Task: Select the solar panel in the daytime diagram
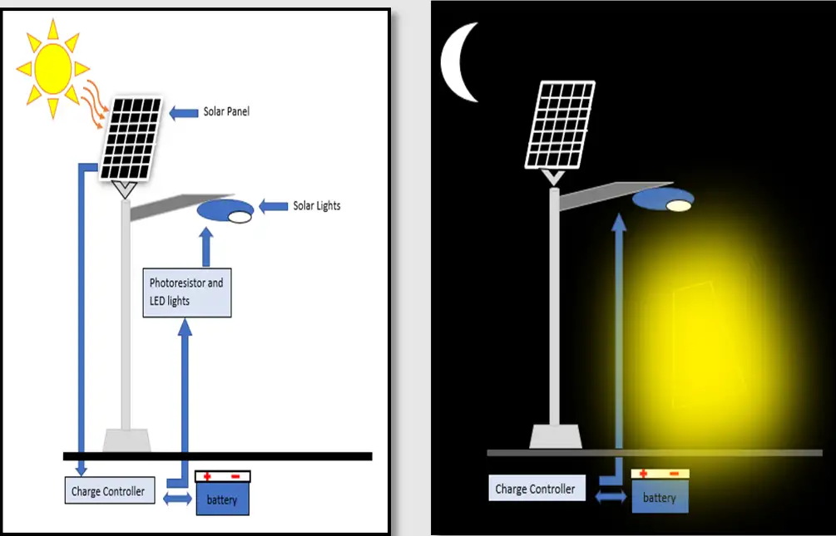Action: pyautogui.click(x=133, y=138)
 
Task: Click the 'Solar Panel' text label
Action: pyautogui.click(x=226, y=111)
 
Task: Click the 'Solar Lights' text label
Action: pyautogui.click(x=316, y=205)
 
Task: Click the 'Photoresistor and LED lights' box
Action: pyautogui.click(x=186, y=292)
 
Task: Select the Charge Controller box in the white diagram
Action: pyautogui.click(x=108, y=491)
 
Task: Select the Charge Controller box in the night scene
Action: pyautogui.click(x=535, y=489)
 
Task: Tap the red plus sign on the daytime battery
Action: pyautogui.click(x=207, y=477)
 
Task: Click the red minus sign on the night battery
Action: pyautogui.click(x=674, y=474)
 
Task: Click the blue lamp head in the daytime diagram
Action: pyautogui.click(x=225, y=211)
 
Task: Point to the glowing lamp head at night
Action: pyautogui.click(x=663, y=200)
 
